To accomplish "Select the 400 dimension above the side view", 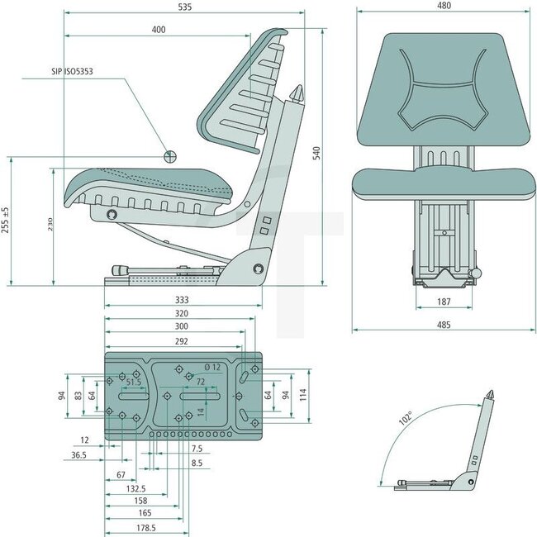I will coord(159,30).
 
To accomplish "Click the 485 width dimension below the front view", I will coord(443,325).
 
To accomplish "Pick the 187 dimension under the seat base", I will coord(443,302).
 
